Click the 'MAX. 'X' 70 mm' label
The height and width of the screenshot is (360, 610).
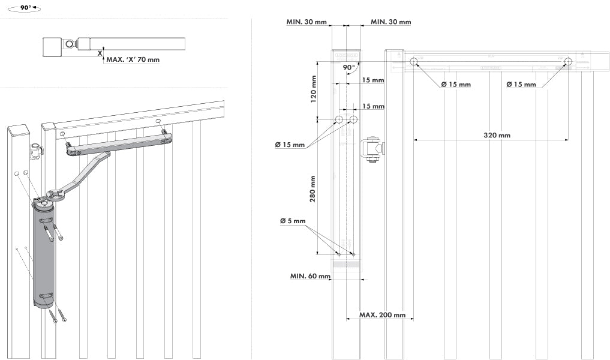click(x=133, y=59)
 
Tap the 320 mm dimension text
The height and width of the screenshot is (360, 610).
click(x=497, y=135)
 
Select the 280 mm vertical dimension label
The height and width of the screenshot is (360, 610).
click(x=312, y=188)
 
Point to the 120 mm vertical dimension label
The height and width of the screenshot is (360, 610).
click(x=312, y=88)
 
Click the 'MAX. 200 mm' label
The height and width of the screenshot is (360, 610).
click(x=382, y=315)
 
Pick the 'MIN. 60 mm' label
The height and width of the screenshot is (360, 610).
click(x=310, y=276)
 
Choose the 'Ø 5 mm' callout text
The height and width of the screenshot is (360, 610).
click(x=293, y=221)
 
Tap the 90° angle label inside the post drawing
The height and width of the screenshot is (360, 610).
click(x=348, y=68)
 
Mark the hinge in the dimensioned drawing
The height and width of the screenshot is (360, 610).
click(x=372, y=149)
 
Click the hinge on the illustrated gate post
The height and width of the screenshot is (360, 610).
click(x=36, y=152)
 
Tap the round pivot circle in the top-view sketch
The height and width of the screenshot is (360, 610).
click(x=70, y=44)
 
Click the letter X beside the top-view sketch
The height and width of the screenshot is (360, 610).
click(x=100, y=53)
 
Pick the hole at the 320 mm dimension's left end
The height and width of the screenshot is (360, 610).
click(x=414, y=61)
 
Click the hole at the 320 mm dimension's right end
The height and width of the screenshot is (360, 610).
click(x=568, y=61)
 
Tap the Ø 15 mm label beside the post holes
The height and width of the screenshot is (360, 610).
click(x=290, y=145)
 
